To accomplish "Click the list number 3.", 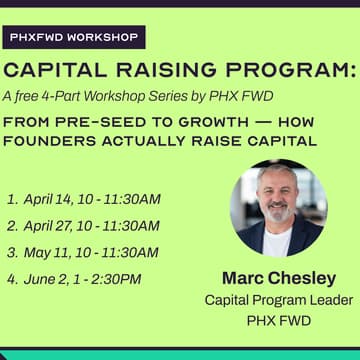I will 12,252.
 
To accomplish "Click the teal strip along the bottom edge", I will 180,355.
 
